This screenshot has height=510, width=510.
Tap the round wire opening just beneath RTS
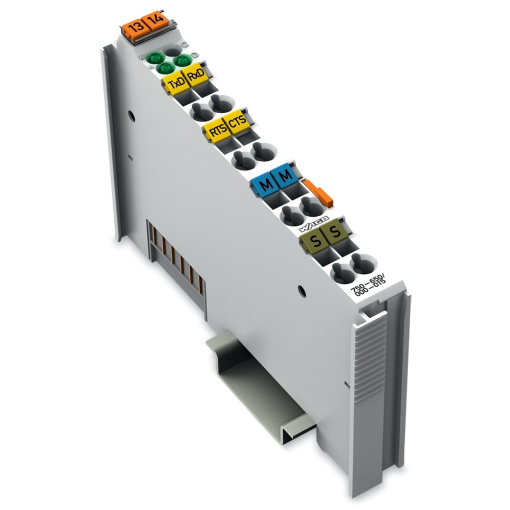(242, 160)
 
